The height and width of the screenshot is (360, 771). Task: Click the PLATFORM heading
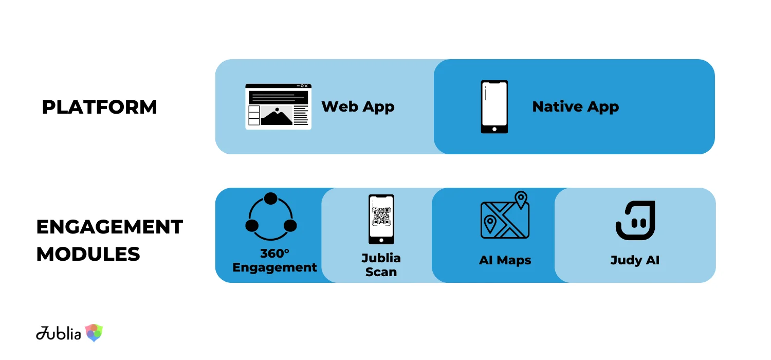(99, 107)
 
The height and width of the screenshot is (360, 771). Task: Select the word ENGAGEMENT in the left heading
(109, 227)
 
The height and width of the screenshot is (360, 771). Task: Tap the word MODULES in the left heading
(88, 254)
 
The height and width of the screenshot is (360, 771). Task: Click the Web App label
(358, 106)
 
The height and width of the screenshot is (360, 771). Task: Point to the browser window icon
(278, 106)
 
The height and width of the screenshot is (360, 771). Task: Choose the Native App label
(575, 106)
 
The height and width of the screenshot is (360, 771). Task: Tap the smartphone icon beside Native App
(494, 106)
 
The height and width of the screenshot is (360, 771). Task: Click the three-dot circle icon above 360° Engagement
(271, 217)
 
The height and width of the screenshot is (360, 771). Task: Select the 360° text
(275, 254)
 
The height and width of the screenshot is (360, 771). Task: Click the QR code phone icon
(381, 219)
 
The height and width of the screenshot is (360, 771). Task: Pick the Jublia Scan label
(381, 265)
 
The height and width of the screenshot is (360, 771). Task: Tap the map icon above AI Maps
(505, 217)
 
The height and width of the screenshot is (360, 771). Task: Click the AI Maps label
(505, 260)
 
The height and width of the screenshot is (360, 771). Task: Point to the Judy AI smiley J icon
(635, 220)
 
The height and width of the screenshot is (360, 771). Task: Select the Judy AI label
(635, 260)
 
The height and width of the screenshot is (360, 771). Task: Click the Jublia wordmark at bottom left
(59, 333)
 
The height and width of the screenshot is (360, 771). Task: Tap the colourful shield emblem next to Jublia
(94, 333)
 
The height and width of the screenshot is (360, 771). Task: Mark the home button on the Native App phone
(494, 129)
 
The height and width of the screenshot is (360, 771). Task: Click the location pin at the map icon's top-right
(521, 199)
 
